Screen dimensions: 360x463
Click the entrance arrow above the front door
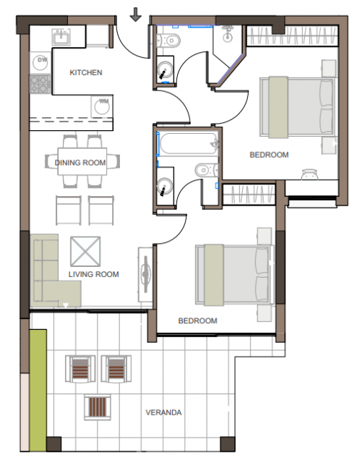[x=135, y=14]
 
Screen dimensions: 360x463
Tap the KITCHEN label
[x=86, y=72]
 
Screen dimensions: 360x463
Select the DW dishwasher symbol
[x=40, y=63]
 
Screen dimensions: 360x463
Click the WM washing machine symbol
[x=102, y=106]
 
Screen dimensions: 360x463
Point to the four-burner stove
[x=40, y=84]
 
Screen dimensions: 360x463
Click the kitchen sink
[x=61, y=37]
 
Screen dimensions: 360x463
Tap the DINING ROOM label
[x=80, y=162]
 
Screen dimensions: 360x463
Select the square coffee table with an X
[x=85, y=251]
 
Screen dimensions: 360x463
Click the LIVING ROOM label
[x=93, y=274]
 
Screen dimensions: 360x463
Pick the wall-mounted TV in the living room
[x=145, y=275]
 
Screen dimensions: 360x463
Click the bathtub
[x=189, y=144]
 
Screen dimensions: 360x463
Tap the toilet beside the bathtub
[x=206, y=170]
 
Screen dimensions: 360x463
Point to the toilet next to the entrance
[x=168, y=41]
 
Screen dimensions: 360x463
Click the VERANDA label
[x=163, y=412]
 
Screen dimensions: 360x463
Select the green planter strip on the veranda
[x=38, y=391]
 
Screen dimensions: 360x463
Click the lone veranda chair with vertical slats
[x=98, y=407]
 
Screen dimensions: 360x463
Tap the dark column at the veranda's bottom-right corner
[x=228, y=444]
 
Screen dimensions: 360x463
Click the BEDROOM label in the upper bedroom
[x=269, y=155]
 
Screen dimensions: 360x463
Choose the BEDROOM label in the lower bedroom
[x=197, y=320]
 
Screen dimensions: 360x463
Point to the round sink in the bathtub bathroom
[x=165, y=187]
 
